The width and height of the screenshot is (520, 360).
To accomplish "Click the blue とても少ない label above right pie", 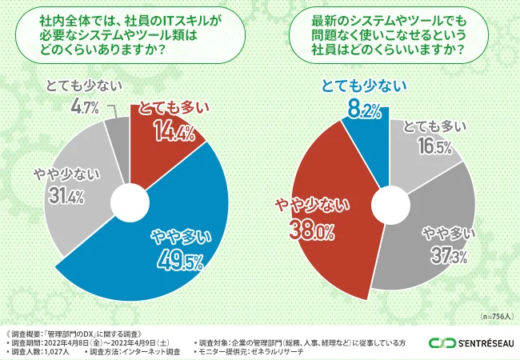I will click(x=364, y=86).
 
